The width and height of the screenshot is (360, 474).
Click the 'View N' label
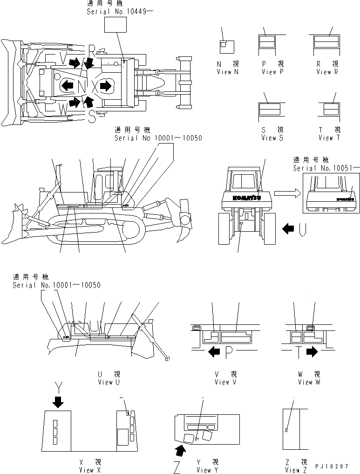pyautogui.click(x=227, y=72)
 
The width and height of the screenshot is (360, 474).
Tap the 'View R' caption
pyautogui.click(x=326, y=72)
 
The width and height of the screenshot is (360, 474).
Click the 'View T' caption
pyautogui.click(x=329, y=137)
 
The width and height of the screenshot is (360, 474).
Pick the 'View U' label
pyautogui.click(x=109, y=382)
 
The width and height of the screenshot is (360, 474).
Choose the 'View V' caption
pyautogui.click(x=225, y=382)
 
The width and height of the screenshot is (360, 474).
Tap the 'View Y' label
pyautogui.click(x=204, y=470)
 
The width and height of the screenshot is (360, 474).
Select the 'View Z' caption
pyautogui.click(x=293, y=470)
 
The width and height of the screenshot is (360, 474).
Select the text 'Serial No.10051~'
pyautogui.click(x=326, y=168)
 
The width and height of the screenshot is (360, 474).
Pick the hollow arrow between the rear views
pyautogui.click(x=285, y=192)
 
